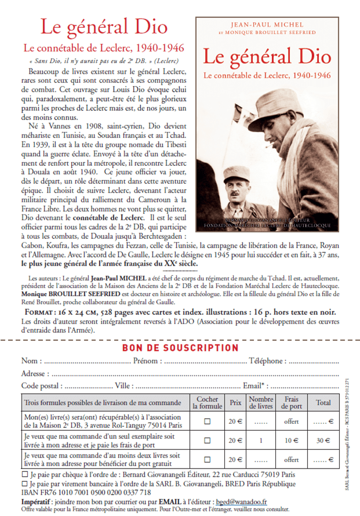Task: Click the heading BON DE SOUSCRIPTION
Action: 180,348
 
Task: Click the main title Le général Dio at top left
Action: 96,27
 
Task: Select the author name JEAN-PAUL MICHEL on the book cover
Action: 266,26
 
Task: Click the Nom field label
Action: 31,361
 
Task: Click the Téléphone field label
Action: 268,361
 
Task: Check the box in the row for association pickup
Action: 207,421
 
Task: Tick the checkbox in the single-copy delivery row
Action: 207,441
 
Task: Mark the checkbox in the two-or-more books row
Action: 207,460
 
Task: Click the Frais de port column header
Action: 292,402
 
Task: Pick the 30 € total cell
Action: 323,441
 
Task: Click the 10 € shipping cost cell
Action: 292,441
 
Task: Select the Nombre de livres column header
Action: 261,402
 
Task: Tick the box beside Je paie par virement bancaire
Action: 24,484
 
